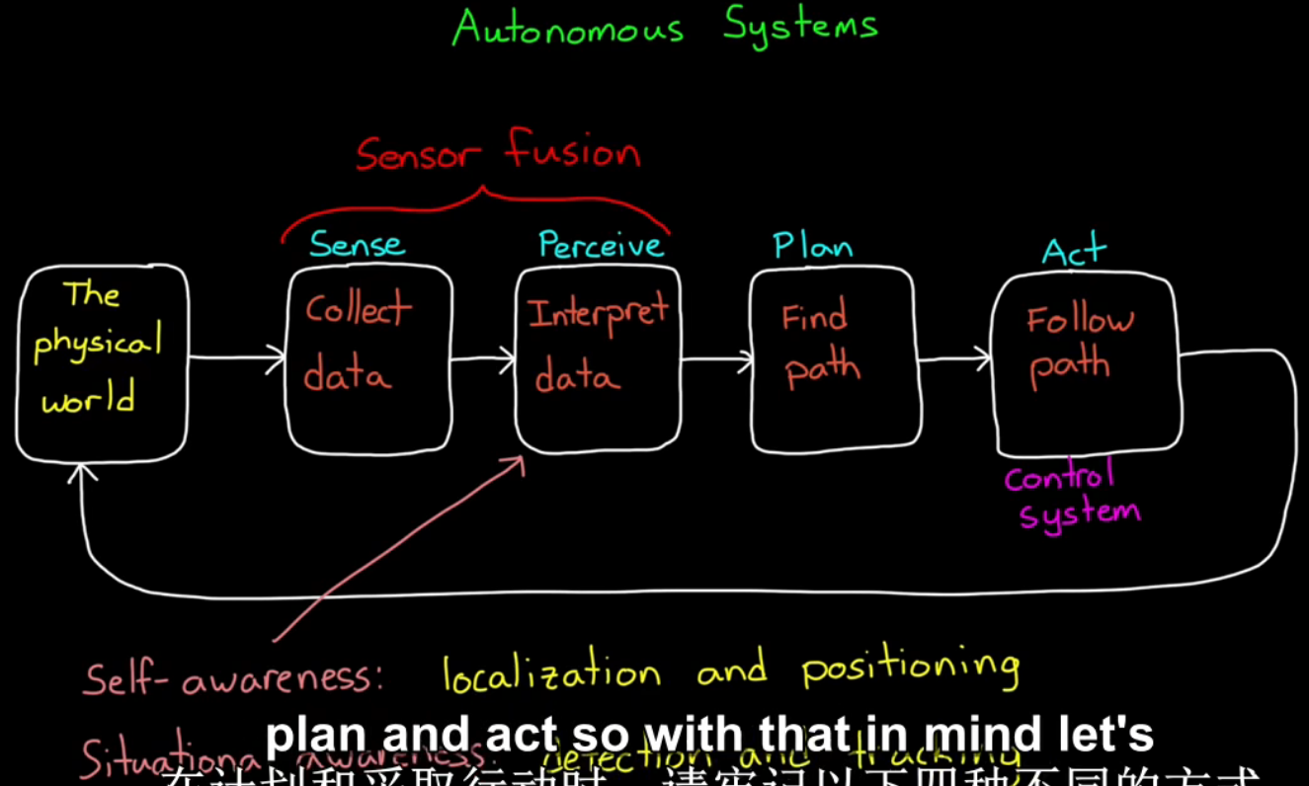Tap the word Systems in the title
[x=799, y=26]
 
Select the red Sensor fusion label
[x=498, y=153]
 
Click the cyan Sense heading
[x=357, y=244]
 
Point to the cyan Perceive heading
[x=601, y=245]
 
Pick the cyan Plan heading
[x=812, y=245]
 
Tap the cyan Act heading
[x=1074, y=252]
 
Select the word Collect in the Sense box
[x=358, y=310]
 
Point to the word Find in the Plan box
[x=814, y=318]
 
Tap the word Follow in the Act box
[x=1080, y=320]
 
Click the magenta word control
[x=1059, y=478]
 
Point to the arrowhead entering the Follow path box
[x=982, y=358]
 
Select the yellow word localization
[x=550, y=673]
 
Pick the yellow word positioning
[x=909, y=668]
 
